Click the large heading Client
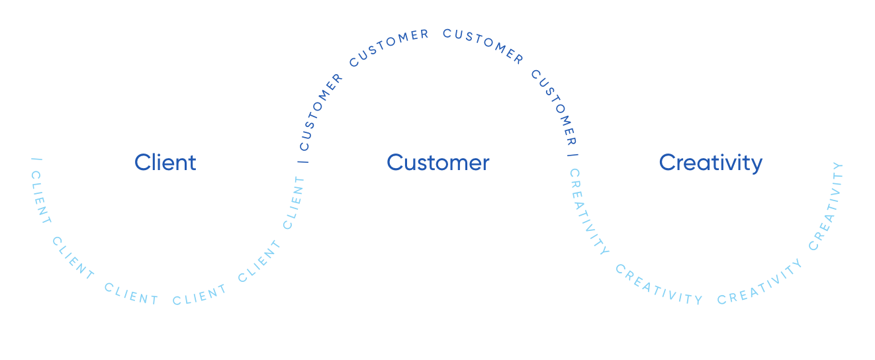[165, 162]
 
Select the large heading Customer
[438, 162]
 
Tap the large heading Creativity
[711, 162]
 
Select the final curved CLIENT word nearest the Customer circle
[294, 202]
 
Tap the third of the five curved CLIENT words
[131, 294]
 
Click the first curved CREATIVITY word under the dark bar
[588, 212]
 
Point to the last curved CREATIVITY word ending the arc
[827, 206]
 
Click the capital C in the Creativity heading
[667, 163]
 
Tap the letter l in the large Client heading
[150, 161]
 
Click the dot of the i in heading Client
[156, 154]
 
